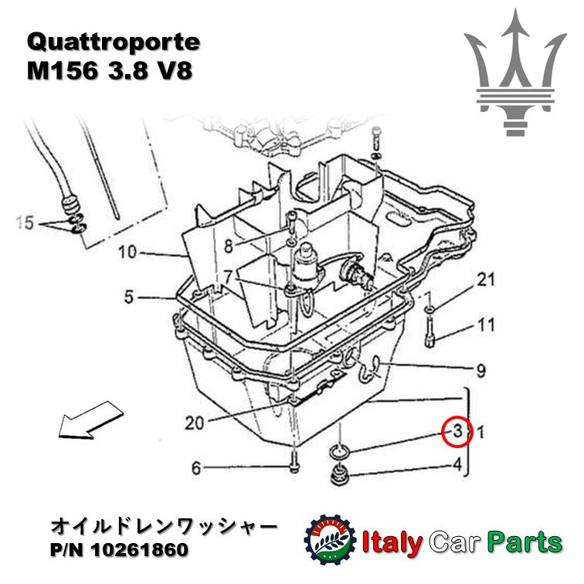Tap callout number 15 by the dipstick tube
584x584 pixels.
[x=25, y=224]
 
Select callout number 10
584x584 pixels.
[x=127, y=252]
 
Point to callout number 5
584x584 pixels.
[x=129, y=295]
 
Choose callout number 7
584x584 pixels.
[x=228, y=276]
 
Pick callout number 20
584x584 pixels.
[x=196, y=423]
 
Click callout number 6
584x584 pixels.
[x=196, y=467]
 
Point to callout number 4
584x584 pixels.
[x=457, y=465]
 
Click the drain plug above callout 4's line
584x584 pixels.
[x=338, y=476]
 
